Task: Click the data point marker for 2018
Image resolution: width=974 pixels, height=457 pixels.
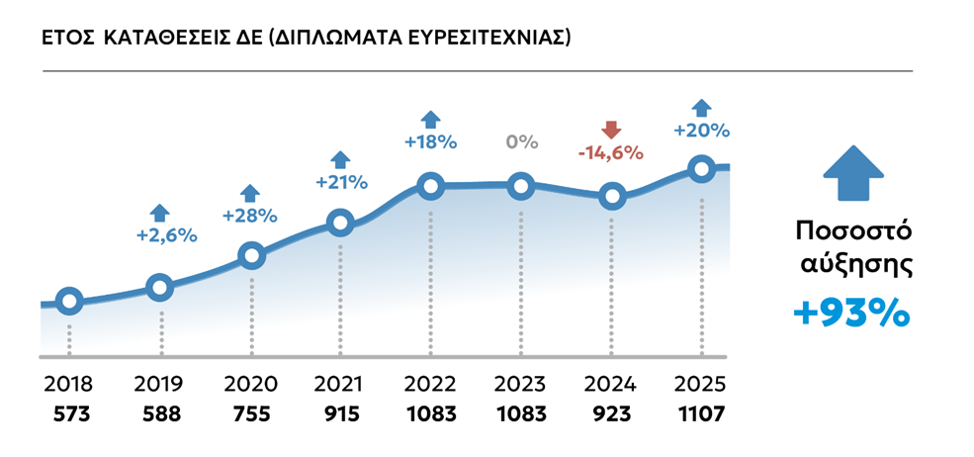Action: pos(68,302)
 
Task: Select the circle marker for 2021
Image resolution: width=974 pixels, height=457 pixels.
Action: pos(340,223)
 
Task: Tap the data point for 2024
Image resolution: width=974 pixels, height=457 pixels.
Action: pos(612,196)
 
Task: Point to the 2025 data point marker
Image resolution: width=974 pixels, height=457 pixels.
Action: pos(702,169)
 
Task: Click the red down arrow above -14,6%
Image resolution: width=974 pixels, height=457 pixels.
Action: pos(611,130)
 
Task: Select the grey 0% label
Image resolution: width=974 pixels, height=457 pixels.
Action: pos(521,141)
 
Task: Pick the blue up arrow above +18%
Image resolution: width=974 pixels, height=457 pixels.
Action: pos(430,119)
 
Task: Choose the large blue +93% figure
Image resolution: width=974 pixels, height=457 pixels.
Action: pos(851,314)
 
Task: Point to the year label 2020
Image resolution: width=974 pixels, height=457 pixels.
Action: pos(250,385)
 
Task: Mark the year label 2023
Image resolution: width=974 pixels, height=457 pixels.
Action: pos(521,385)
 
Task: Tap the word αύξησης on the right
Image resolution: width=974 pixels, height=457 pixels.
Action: pos(852,265)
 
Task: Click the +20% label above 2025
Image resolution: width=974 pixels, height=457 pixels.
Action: pos(701,131)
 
